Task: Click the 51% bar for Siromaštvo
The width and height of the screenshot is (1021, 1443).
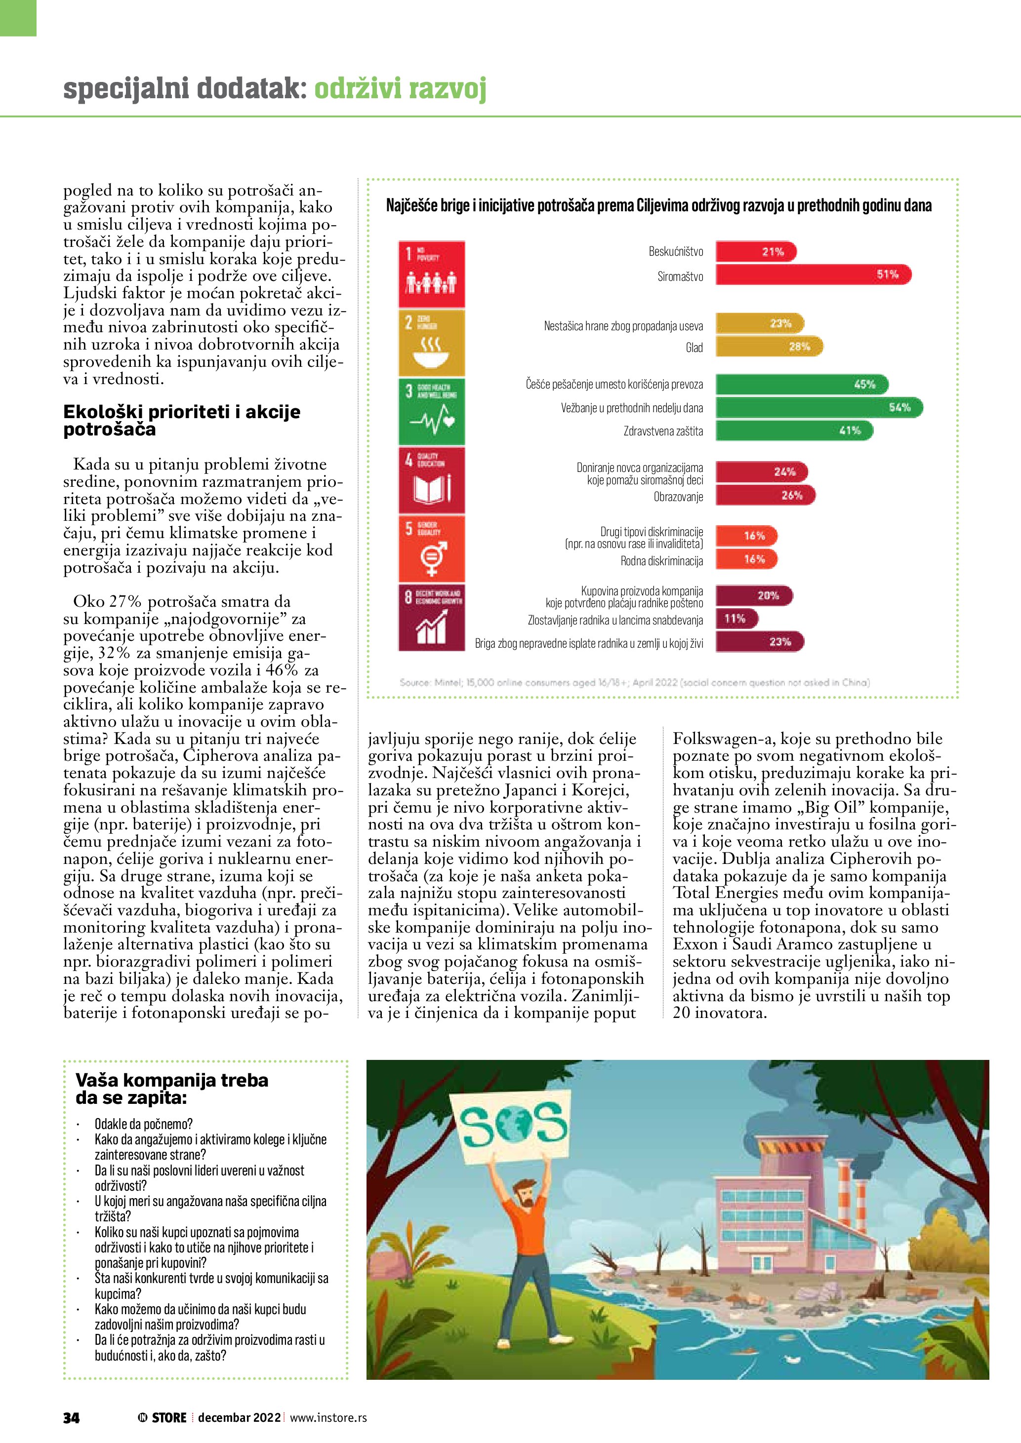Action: (x=812, y=274)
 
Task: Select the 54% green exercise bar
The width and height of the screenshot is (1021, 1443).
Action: (x=818, y=407)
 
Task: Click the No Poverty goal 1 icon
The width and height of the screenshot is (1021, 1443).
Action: (x=431, y=274)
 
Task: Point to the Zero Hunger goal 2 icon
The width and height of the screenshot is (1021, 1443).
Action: (x=431, y=343)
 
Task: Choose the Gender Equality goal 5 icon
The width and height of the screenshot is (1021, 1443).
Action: (x=431, y=548)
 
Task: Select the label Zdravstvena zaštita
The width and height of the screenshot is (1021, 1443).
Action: (x=663, y=431)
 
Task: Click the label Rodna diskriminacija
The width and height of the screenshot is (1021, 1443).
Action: (x=661, y=561)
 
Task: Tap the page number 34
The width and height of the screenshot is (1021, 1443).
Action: (x=71, y=1418)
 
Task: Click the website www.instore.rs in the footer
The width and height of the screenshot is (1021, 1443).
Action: (x=328, y=1418)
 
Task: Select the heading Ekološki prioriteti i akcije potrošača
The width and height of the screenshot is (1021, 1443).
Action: (x=182, y=421)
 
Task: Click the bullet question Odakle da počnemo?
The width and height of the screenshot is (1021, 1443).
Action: (x=143, y=1124)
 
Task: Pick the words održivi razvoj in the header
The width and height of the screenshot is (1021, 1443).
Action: (x=400, y=89)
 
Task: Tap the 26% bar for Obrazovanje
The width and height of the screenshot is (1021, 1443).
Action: (x=765, y=495)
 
